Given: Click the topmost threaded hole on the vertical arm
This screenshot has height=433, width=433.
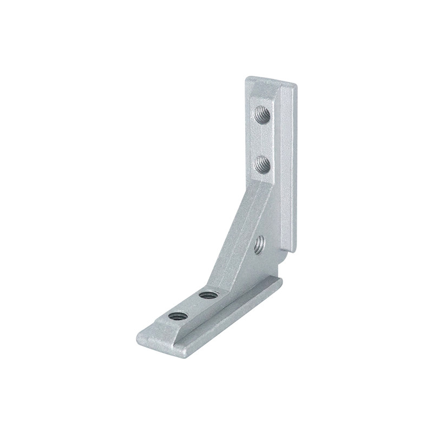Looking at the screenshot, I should pyautogui.click(x=261, y=115).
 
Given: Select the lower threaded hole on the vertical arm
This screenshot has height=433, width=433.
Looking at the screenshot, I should pyautogui.click(x=262, y=162).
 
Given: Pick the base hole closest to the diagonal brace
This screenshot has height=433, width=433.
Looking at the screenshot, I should pyautogui.click(x=206, y=295).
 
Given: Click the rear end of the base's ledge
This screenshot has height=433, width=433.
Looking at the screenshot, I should pyautogui.click(x=279, y=281).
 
